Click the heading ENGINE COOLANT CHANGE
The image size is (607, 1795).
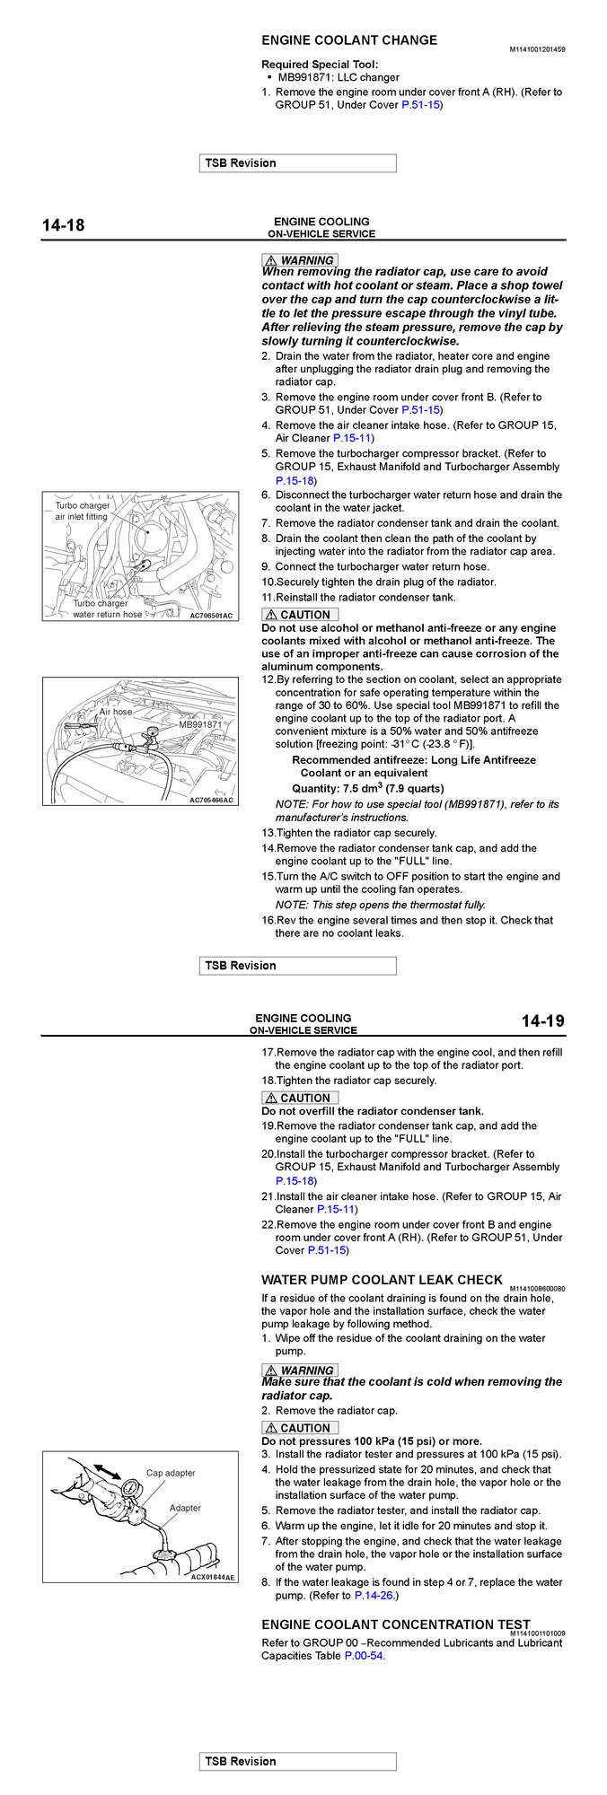click(x=349, y=40)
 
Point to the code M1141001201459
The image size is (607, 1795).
click(x=537, y=49)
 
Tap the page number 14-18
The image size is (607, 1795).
click(x=64, y=225)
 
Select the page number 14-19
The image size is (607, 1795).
click(x=542, y=1021)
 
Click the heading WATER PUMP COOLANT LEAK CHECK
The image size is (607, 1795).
click(x=382, y=1280)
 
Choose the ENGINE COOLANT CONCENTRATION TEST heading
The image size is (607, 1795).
click(x=396, y=1624)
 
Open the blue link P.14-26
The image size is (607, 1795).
click(x=374, y=1596)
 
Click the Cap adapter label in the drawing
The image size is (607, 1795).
click(x=171, y=1473)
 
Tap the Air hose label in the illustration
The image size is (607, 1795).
click(x=116, y=712)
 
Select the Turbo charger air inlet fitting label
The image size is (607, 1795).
click(x=82, y=511)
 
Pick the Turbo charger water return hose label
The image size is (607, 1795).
click(x=107, y=609)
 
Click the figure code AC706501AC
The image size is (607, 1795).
click(x=211, y=616)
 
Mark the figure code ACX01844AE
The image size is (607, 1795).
click(x=213, y=1577)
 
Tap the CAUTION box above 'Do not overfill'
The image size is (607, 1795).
click(x=300, y=1098)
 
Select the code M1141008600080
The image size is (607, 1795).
click(x=537, y=1289)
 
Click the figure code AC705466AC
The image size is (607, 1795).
click(x=211, y=800)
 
